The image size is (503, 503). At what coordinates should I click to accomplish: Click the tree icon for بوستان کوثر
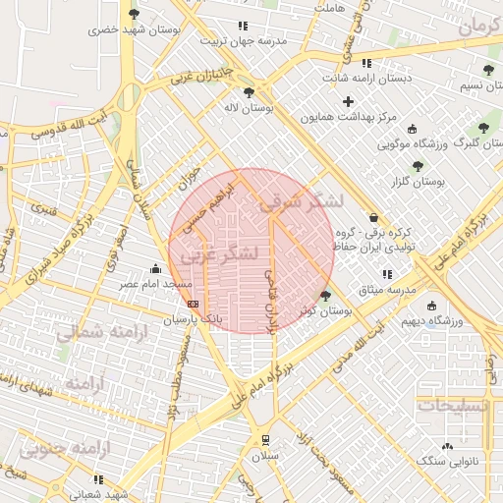click(326, 295)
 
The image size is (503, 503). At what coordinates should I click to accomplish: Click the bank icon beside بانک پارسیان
click(192, 304)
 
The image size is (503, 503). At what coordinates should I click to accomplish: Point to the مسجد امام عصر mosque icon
click(154, 268)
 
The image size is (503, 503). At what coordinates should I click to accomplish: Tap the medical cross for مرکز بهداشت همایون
click(348, 101)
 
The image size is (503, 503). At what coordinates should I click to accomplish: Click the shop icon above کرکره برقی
click(372, 217)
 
